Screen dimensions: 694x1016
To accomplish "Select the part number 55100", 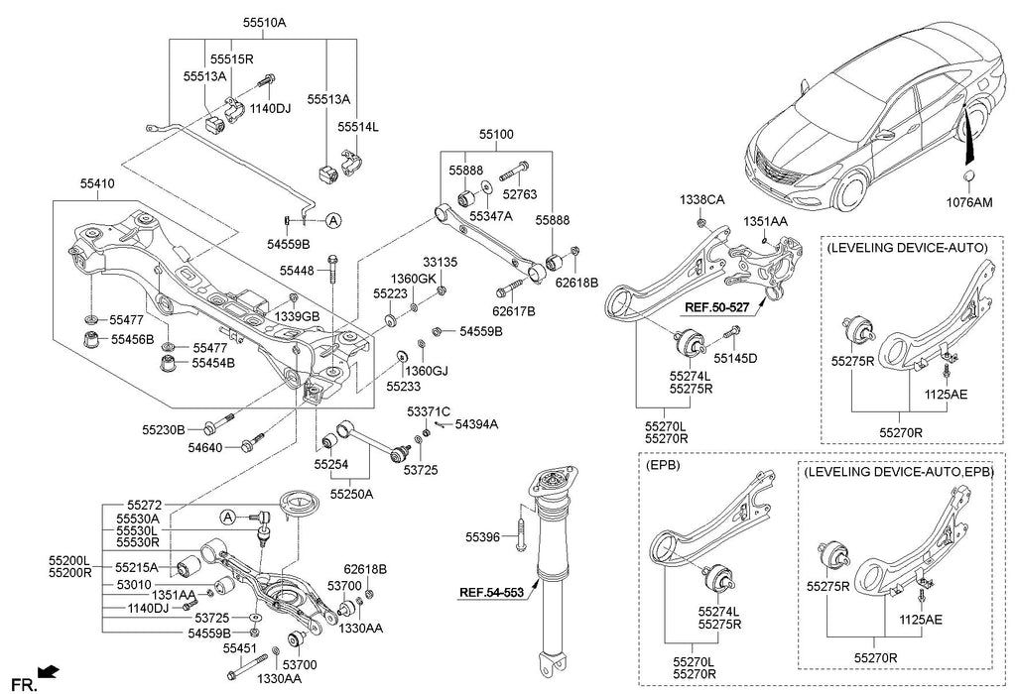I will pos(498,132).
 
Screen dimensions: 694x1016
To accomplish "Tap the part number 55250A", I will pos(352,492).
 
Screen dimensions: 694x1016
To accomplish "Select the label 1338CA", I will pos(702,199).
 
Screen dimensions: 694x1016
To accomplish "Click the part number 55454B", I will pos(213,363).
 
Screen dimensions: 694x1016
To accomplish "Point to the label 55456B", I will pos(132,339).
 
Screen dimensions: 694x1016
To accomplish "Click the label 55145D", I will pos(736,358).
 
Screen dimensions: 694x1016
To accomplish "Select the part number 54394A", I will pos(477,424).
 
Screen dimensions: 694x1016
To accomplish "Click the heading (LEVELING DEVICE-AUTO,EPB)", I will pos(900,473).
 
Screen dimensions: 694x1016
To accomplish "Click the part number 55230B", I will pos(164,430).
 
